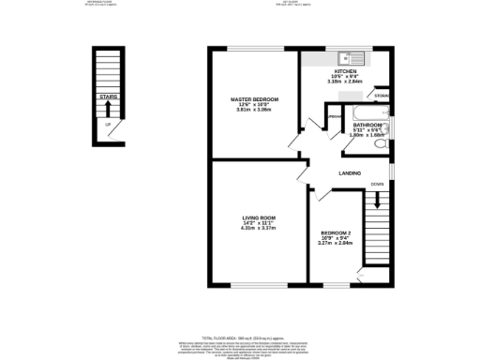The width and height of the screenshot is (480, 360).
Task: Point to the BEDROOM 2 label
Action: (336, 232)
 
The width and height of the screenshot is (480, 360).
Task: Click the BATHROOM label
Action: (366, 124)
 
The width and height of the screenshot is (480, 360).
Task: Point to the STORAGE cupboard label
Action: (381, 96)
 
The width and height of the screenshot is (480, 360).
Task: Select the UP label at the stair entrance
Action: (108, 125)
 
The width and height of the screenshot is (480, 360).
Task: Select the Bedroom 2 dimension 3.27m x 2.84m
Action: (336, 243)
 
